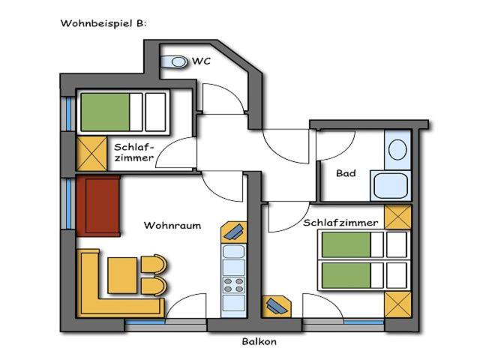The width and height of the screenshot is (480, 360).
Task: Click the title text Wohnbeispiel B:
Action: coord(103,23)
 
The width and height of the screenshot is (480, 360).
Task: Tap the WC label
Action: coord(202,61)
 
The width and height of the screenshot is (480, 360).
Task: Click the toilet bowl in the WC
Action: coord(174,61)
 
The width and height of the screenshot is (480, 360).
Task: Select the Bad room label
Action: coord(346,173)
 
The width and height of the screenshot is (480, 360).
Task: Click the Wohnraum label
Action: coord(172,226)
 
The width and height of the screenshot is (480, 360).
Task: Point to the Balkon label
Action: coord(259,341)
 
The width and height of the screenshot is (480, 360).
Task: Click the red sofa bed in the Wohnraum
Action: coord(98,206)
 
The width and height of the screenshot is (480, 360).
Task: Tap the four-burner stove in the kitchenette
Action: coord(233,285)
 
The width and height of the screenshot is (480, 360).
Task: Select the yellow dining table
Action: coord(122,275)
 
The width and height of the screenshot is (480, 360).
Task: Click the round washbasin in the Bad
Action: coord(397,150)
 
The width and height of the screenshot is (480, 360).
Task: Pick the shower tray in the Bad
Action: coord(391,185)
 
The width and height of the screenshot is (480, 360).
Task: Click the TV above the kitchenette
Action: coord(234,232)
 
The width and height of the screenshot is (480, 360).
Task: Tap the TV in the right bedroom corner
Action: coord(277,307)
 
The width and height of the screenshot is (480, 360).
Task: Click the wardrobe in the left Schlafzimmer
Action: coord(91,154)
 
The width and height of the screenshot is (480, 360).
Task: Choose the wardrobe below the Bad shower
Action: coord(397,217)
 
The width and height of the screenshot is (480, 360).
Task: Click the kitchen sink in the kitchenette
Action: coord(233,252)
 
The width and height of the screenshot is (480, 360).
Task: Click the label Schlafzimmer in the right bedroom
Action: coord(340,223)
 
